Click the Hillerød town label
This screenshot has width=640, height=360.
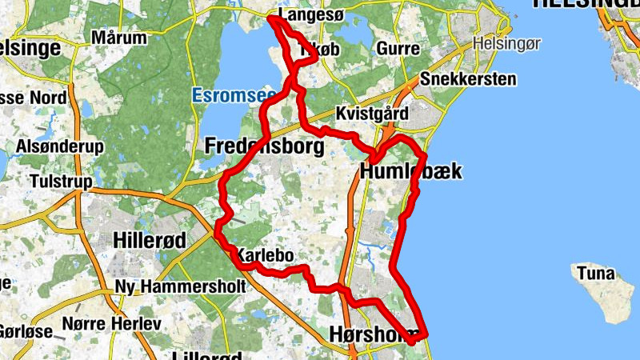(x=150, y=240)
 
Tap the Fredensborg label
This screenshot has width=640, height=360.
(x=265, y=146)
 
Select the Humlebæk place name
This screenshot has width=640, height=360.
(x=411, y=172)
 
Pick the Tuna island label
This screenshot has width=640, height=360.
(x=595, y=274)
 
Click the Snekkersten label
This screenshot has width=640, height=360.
(x=467, y=80)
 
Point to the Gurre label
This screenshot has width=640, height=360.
(x=398, y=50)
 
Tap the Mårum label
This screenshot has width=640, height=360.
(x=119, y=38)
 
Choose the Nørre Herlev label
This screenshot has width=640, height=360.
(x=112, y=324)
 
